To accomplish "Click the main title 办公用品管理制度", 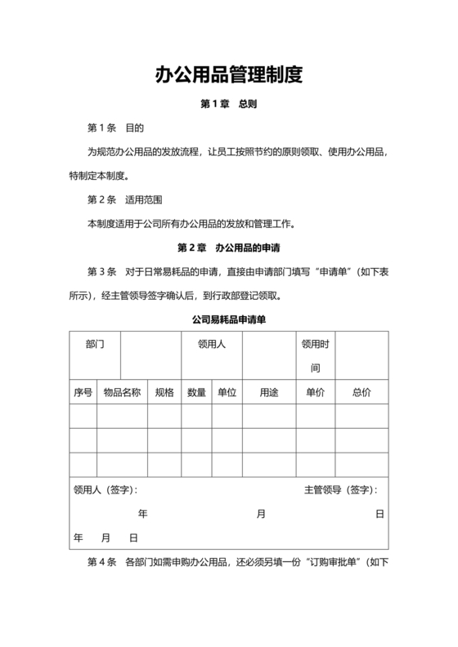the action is click(229, 75).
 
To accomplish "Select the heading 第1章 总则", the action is click(229, 105).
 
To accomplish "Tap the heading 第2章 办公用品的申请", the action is click(229, 247).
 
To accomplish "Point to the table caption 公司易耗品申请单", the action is click(229, 319).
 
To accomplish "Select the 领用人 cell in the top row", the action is click(211, 345).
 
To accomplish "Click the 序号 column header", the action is click(83, 392).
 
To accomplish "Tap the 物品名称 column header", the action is click(122, 392).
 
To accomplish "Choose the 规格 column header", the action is click(164, 392).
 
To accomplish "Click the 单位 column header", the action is click(227, 392).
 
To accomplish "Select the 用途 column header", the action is click(269, 392).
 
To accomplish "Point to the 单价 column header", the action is click(315, 392).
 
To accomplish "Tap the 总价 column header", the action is click(361, 392).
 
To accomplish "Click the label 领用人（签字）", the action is click(106, 490).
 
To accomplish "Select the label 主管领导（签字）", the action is click(340, 490).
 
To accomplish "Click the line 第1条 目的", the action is click(115, 128).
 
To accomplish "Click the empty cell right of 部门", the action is click(150, 356).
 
